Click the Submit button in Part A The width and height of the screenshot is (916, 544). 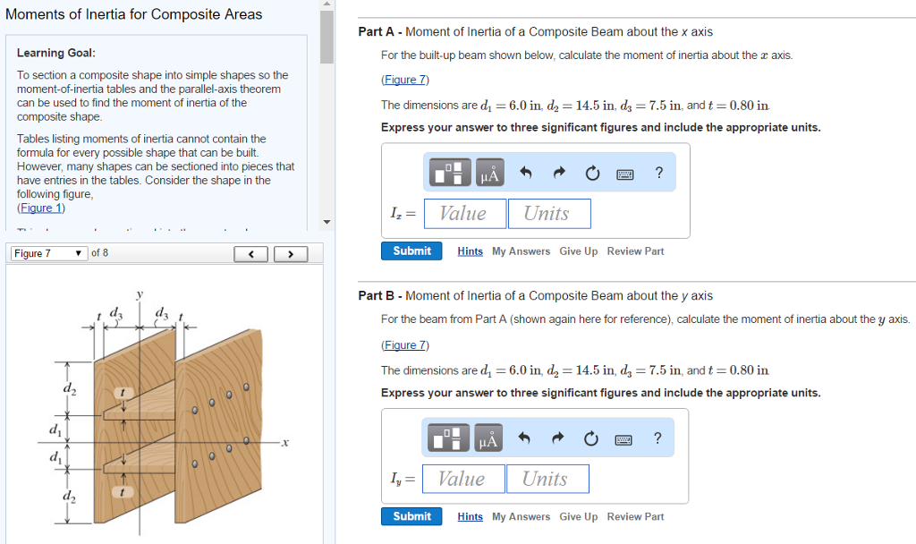pyautogui.click(x=411, y=251)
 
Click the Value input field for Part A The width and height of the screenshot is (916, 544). pyautogui.click(x=462, y=214)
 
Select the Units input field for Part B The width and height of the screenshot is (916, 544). pyautogui.click(x=546, y=480)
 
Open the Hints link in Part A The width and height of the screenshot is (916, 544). pyautogui.click(x=470, y=251)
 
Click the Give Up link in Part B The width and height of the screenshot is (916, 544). pyautogui.click(x=578, y=517)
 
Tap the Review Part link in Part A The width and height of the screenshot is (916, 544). pyautogui.click(x=635, y=251)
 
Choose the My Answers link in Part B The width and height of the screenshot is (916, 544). pyautogui.click(x=521, y=517)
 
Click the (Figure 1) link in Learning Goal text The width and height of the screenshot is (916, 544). pyautogui.click(x=41, y=208)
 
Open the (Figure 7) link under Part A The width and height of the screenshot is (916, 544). pyautogui.click(x=405, y=80)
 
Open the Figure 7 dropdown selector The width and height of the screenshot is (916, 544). pyautogui.click(x=49, y=253)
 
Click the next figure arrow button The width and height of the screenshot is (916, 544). pyautogui.click(x=290, y=255)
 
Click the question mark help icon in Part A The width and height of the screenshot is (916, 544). pyautogui.click(x=659, y=174)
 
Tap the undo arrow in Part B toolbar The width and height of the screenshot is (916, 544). pyautogui.click(x=526, y=439)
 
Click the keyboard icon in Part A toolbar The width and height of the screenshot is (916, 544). pyautogui.click(x=624, y=174)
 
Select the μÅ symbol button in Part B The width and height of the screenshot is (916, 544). pyautogui.click(x=489, y=439)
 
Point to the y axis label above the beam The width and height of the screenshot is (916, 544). pyautogui.click(x=140, y=293)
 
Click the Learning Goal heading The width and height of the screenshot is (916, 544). pyautogui.click(x=56, y=53)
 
